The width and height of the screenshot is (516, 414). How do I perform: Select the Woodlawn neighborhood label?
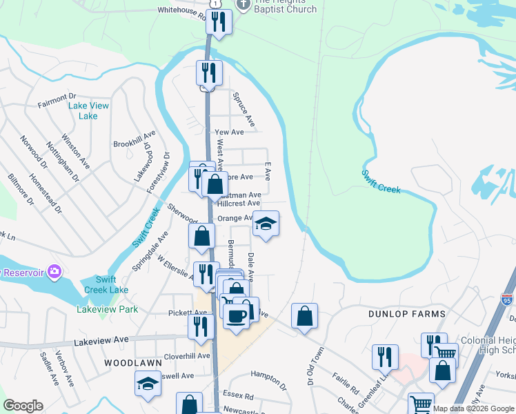coord(132,362)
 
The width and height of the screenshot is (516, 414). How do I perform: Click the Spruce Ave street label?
coord(244,109)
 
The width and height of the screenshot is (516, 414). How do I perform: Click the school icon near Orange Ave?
coord(266,224)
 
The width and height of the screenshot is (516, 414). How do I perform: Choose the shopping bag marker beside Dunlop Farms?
coord(304,317)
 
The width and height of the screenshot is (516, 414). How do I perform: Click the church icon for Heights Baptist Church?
coord(241,5)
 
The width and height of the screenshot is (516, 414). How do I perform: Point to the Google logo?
coord(23,406)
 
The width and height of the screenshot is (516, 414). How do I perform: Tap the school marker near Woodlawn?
coord(148,384)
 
